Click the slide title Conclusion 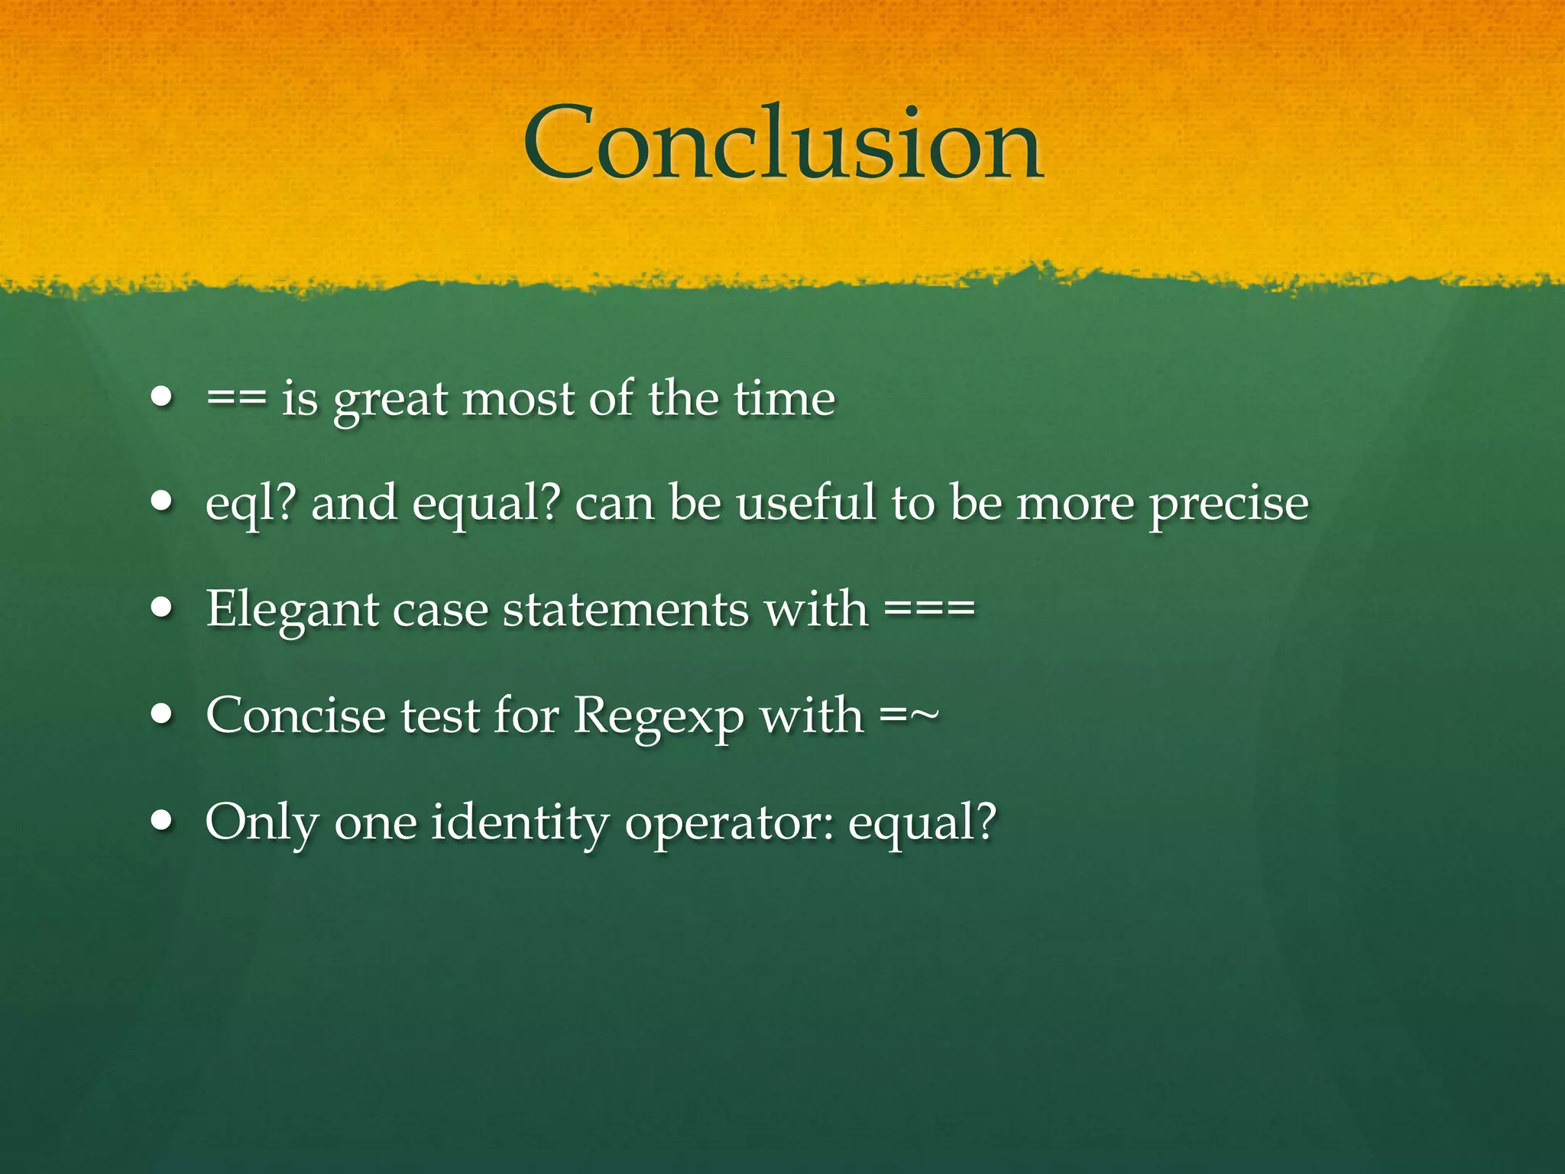point(782,145)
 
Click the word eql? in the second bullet point(251,504)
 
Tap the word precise point(1229,504)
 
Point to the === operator point(929,610)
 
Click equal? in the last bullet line point(922,824)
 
